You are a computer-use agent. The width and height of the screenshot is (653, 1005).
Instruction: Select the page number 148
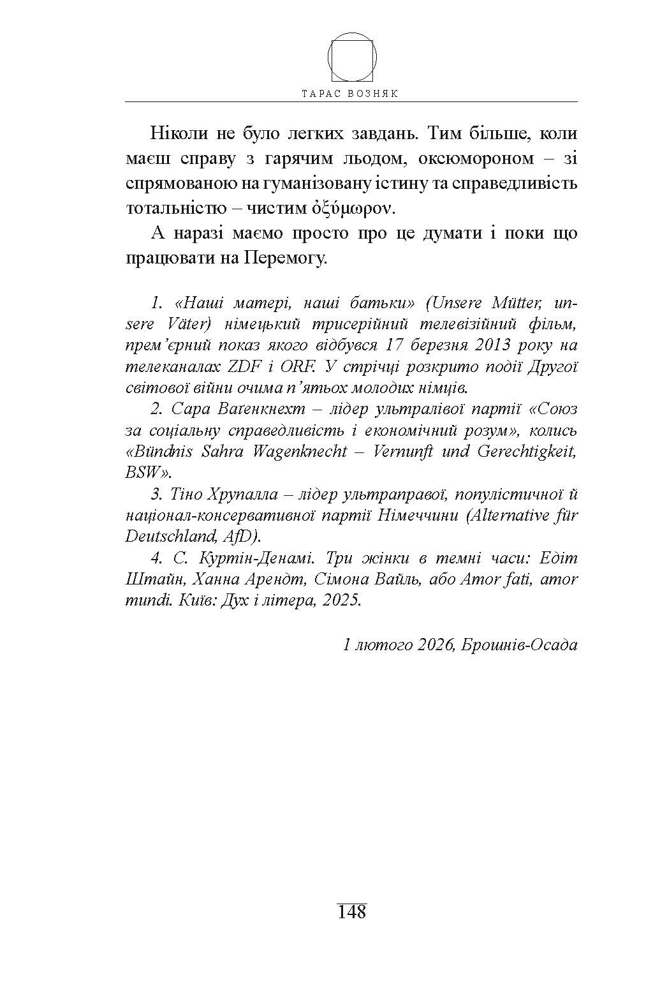coord(352,911)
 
